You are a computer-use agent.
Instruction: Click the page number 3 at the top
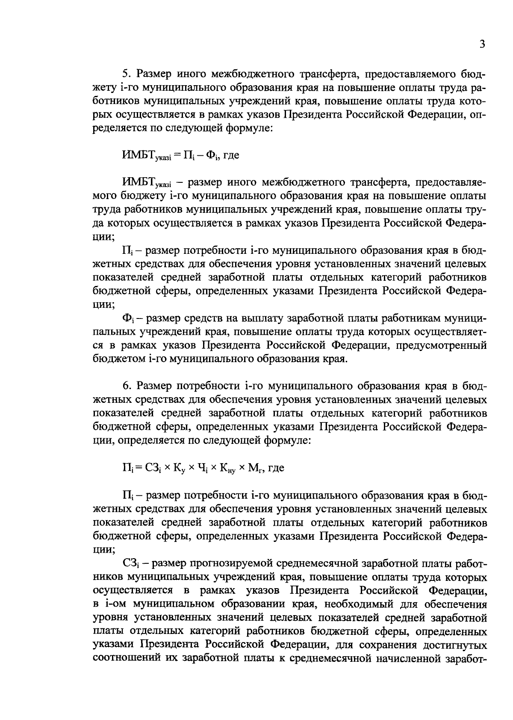click(482, 45)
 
